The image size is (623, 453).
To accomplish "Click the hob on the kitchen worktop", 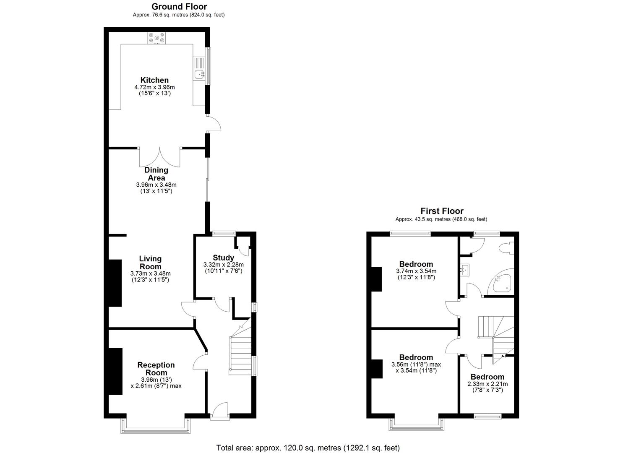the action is point(156,38).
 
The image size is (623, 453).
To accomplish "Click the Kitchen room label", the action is point(154,80).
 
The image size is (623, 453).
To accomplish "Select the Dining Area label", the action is point(156,174).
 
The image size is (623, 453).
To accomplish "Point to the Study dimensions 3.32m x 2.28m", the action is point(223,265).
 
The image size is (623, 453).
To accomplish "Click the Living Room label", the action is point(150,263).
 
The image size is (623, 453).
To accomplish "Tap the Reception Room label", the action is point(156,369).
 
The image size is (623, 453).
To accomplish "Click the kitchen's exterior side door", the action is point(214,124).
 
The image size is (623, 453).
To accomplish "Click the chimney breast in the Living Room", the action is point(115,283).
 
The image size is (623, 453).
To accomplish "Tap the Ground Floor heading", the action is point(179,6).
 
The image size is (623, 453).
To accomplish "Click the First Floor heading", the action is point(442,211).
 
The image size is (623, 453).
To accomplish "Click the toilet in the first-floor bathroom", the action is point(506,248).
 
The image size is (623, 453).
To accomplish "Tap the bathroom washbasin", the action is point(464,270).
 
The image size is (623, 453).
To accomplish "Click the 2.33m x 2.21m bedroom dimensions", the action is point(487,384).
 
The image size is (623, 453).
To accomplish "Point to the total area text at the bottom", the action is point(308,448).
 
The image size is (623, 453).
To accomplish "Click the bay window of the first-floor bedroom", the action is point(416,424).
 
